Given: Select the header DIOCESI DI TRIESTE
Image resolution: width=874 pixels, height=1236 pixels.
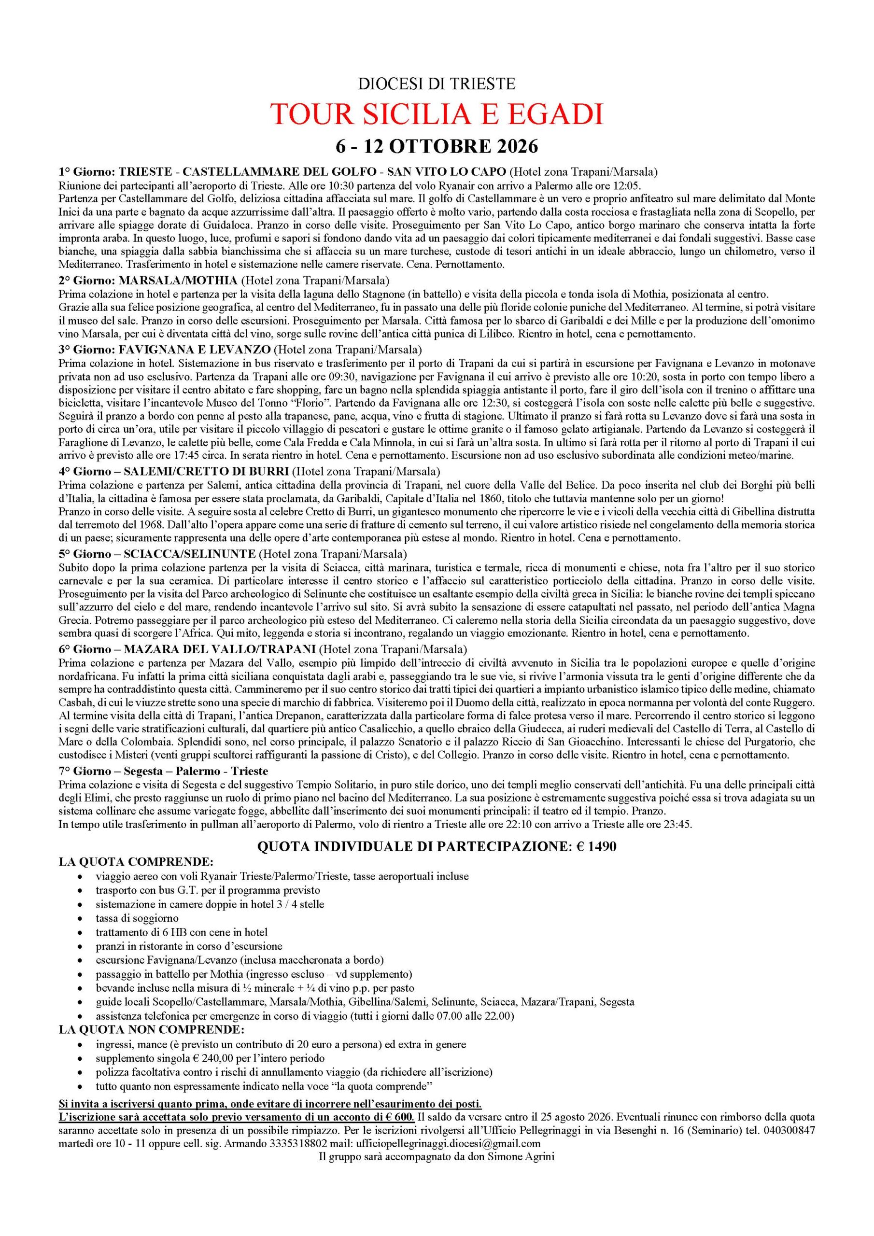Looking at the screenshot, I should [x=437, y=84].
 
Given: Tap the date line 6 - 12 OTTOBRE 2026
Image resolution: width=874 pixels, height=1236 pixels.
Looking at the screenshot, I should [x=437, y=146].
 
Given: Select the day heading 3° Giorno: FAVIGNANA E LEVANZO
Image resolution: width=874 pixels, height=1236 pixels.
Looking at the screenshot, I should [x=165, y=349].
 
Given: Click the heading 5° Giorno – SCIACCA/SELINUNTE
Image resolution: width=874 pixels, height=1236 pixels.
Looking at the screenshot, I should [x=157, y=554].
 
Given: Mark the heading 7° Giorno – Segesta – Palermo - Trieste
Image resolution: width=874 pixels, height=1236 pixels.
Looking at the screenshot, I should [x=163, y=772].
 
